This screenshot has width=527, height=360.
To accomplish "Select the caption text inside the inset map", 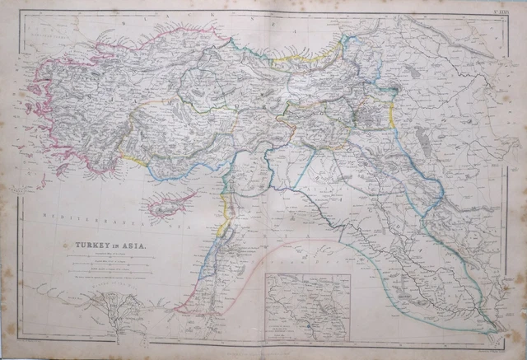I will (x=288, y=330).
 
